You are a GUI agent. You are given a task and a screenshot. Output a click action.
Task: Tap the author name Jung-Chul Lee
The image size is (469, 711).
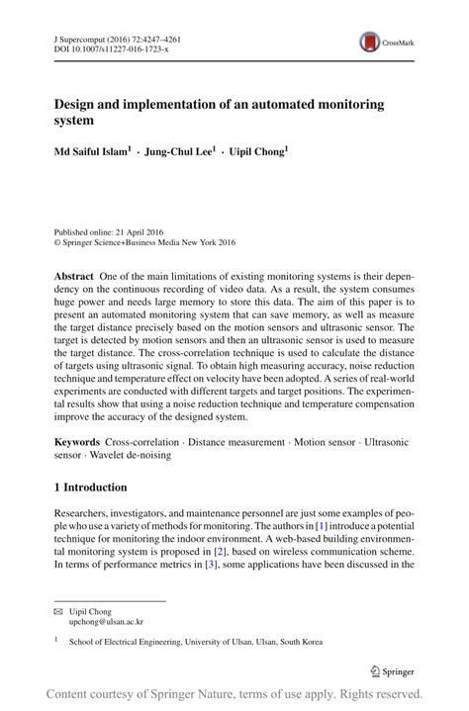pyautogui.click(x=181, y=152)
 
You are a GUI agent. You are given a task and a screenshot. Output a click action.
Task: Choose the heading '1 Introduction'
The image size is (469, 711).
pyautogui.click(x=90, y=488)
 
